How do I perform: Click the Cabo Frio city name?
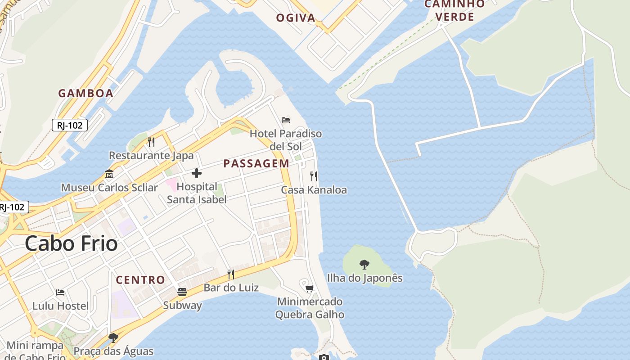click(71, 243)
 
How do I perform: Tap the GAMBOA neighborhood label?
click(85, 93)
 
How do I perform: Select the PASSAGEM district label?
click(256, 163)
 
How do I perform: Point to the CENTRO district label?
click(140, 279)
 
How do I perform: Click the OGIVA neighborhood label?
click(296, 18)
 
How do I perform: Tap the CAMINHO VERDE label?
click(454, 10)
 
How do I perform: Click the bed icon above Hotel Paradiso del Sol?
click(286, 120)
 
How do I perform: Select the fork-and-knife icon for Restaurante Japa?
click(151, 142)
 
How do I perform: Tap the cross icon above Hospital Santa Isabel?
click(197, 173)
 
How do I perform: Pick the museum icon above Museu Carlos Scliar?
click(109, 174)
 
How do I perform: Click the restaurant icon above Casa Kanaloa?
click(314, 176)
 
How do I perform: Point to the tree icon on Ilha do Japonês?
click(364, 264)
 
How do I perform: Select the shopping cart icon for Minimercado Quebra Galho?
click(309, 288)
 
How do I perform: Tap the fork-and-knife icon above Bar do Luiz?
click(231, 274)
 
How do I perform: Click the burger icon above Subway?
click(182, 292)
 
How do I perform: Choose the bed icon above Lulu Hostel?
click(60, 292)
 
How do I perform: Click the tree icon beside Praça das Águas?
click(113, 337)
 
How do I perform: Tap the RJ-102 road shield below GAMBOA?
click(70, 125)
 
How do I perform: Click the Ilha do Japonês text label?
click(364, 278)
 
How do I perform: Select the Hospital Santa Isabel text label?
click(197, 193)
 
